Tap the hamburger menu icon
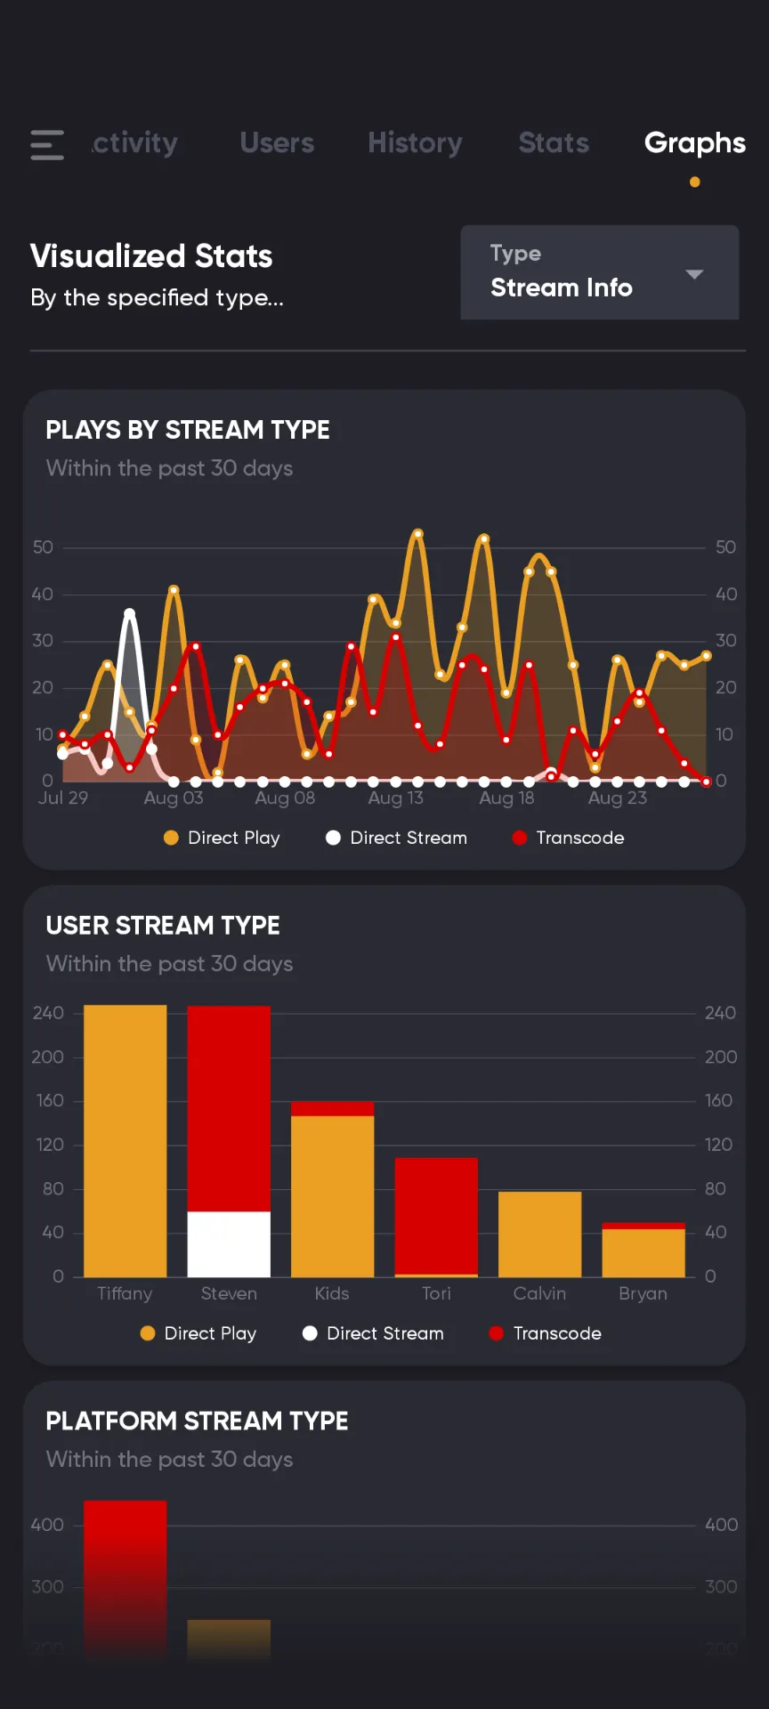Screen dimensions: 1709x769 [x=47, y=144]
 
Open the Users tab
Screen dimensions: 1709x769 [x=277, y=143]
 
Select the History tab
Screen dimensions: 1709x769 [x=415, y=143]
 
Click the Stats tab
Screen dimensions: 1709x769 [x=554, y=143]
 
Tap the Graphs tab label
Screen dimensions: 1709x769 [x=694, y=143]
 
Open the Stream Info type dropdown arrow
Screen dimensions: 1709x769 [x=694, y=274]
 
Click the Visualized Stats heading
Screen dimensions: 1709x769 [x=151, y=256]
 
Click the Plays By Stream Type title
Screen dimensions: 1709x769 [x=188, y=430]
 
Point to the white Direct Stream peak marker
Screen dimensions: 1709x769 [x=129, y=613]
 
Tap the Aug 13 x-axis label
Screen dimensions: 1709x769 [x=395, y=798]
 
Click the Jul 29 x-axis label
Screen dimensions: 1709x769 [x=63, y=798]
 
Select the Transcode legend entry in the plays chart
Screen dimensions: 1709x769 [x=569, y=838]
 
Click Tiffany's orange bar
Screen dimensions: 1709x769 [x=125, y=1139]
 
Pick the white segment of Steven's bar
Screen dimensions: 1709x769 [x=229, y=1243]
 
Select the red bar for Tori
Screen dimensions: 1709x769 [x=436, y=1215]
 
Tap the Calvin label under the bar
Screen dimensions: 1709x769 [x=539, y=1293]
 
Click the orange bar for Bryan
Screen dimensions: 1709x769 [x=644, y=1252]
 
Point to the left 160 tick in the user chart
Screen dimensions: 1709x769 [x=50, y=1101]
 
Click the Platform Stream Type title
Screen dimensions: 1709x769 [x=197, y=1421]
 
